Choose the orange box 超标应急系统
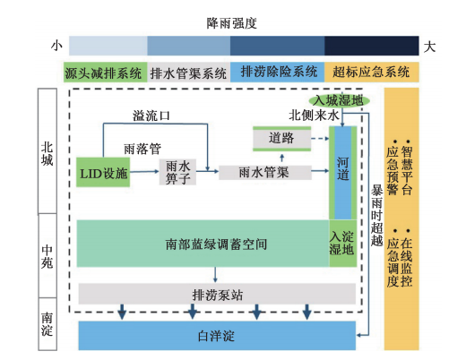[370, 73]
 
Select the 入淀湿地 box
[342, 243]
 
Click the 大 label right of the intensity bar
[431, 45]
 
